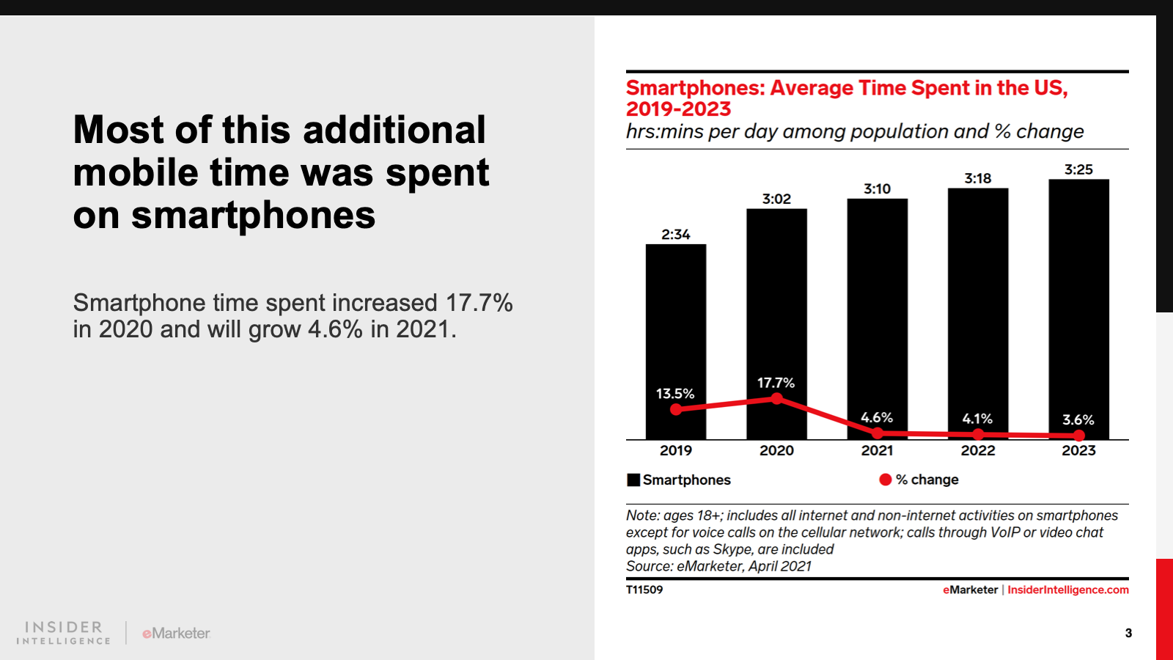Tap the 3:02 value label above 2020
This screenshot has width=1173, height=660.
776,199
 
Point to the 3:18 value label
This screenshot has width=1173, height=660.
977,178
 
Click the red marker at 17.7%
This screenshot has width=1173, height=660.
777,399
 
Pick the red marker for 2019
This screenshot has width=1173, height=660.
676,409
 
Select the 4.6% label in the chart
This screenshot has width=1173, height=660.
877,417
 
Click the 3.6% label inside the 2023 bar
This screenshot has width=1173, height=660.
1078,419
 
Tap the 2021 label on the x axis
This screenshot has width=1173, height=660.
877,450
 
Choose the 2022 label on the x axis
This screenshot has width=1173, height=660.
978,450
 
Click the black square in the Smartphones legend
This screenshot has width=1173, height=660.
633,480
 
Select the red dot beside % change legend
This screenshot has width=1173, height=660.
886,480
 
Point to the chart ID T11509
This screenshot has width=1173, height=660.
644,590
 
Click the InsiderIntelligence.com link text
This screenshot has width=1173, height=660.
1068,590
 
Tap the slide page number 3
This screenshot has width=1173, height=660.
1128,633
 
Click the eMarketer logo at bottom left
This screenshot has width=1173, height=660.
176,633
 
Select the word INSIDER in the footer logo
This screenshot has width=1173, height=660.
64,627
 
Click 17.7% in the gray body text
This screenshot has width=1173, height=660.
479,302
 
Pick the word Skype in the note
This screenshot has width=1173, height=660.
733,549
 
